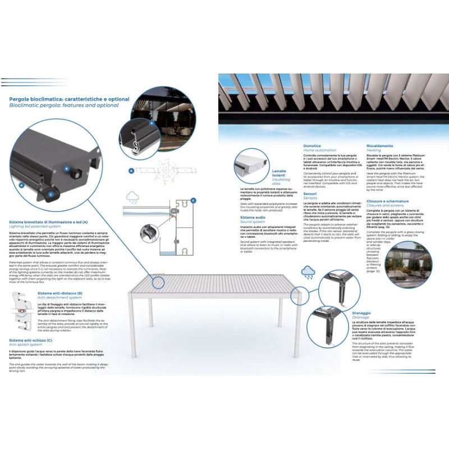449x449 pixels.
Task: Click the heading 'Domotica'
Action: [x=313, y=146]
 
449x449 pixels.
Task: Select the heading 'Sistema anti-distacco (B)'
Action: [x=60, y=293]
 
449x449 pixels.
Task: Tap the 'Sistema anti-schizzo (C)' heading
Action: [x=31, y=340]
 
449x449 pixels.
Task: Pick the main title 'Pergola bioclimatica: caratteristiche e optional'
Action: [x=69, y=99]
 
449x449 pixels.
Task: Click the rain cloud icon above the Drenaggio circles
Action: [x=308, y=273]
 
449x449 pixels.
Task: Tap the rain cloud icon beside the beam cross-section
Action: [x=134, y=197]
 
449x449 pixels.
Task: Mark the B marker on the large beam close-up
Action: [x=66, y=168]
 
